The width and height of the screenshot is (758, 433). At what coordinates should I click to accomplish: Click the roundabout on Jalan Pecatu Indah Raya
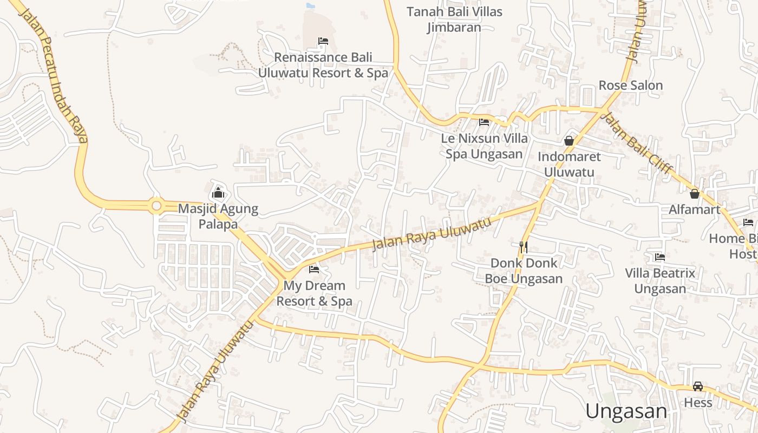157,206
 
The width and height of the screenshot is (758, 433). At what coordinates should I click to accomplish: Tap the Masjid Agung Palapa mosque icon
218,193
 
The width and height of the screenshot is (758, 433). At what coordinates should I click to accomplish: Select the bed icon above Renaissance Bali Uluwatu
323,41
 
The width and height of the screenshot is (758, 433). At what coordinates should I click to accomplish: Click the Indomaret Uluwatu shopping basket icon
569,141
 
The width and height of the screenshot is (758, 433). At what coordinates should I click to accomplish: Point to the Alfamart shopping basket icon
695,193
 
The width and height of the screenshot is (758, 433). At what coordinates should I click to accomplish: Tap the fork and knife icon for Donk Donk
523,247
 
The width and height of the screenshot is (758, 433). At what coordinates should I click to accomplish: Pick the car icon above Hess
698,386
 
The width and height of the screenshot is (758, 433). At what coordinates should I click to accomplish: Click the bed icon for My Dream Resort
314,270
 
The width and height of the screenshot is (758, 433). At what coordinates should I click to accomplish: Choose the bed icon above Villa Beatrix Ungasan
660,257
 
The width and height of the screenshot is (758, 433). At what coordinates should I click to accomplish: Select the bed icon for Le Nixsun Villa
484,122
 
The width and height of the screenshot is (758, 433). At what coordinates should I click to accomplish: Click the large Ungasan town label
626,411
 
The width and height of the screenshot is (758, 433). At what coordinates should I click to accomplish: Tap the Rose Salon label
631,86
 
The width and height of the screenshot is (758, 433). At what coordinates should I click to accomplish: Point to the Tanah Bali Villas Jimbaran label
454,19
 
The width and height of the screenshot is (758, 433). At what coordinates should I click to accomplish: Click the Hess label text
698,403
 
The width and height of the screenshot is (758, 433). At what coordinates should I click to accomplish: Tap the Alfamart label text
695,209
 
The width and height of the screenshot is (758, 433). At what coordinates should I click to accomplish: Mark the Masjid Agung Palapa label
218,216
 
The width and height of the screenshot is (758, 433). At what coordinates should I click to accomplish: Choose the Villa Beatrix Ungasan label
660,281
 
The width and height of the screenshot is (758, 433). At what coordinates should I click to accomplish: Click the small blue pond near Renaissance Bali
310,5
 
